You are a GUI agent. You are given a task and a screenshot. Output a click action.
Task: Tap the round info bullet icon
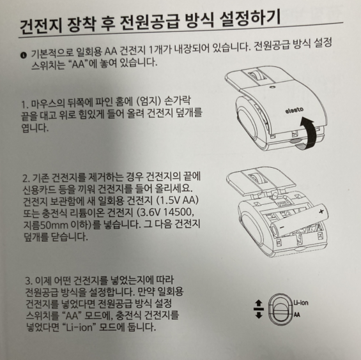pos(24,56)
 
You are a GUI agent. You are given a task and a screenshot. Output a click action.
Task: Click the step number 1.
pos(24,105)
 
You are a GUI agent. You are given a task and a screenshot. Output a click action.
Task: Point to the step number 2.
pos(26,178)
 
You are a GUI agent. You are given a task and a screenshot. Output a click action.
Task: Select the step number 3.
pos(28,281)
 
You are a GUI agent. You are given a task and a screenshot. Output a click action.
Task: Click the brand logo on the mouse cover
pos(295,110)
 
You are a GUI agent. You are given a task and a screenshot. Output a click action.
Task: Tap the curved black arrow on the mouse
pos(307,133)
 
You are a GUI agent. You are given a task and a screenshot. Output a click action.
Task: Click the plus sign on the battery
pos(321,211)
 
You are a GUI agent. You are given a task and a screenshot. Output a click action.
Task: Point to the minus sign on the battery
pos(282,228)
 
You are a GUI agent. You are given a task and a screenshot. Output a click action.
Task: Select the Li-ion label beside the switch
pos(301,303)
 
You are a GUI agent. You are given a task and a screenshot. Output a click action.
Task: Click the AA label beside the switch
pos(297,315)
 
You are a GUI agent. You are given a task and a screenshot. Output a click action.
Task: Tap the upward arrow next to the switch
pos(259,303)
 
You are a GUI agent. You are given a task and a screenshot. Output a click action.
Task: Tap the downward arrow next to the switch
pos(259,315)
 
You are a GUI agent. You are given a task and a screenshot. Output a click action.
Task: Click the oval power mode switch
pos(280,309)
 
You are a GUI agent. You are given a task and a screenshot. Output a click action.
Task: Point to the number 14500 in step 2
pos(177,213)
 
